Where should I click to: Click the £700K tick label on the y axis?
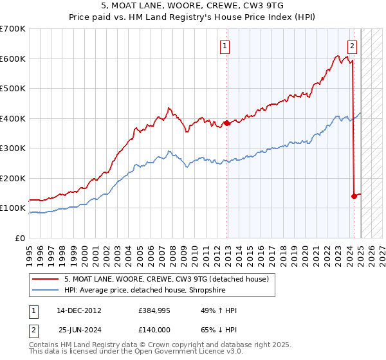[x=12, y=29]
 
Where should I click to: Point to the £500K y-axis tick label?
[x=12, y=89]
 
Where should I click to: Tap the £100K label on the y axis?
[x=12, y=208]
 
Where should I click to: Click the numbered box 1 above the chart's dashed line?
[x=225, y=46]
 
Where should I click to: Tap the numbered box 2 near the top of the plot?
[x=352, y=46]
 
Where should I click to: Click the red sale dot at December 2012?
[x=226, y=123]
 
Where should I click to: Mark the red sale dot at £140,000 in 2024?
[x=354, y=196]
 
